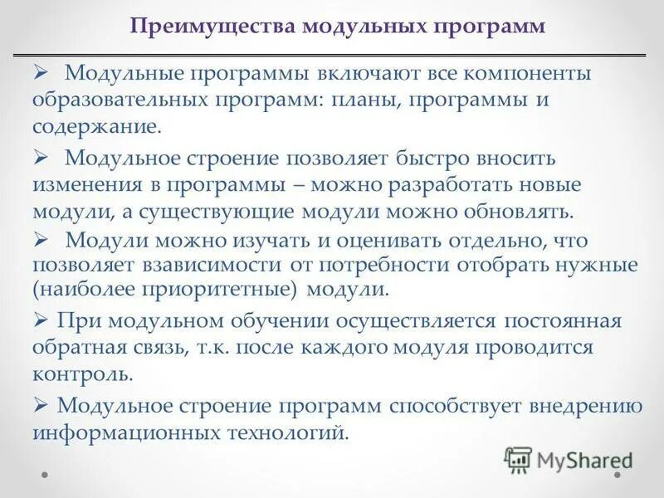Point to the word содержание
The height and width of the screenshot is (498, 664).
click(x=94, y=127)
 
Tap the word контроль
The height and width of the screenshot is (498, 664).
click(x=82, y=373)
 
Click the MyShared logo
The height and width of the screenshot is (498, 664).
click(x=569, y=459)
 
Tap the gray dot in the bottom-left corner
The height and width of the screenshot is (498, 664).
click(x=46, y=476)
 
